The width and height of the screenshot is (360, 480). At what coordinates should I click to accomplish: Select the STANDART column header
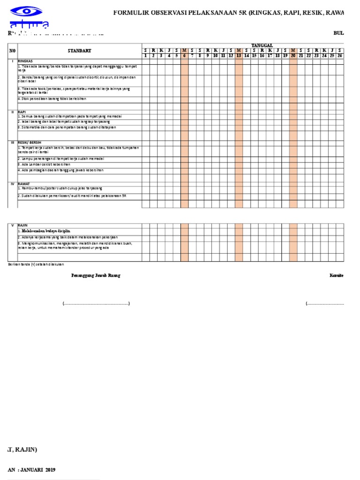click(x=79, y=51)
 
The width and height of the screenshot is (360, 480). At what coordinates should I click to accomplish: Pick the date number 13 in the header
click(x=239, y=55)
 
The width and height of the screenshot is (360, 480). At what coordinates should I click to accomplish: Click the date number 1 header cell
click(x=145, y=55)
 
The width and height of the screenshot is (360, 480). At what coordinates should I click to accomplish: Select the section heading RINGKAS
click(x=25, y=61)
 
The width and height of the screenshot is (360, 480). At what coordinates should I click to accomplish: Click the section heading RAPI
click(x=22, y=112)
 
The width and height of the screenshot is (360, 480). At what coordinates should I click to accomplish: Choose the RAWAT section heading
click(x=23, y=184)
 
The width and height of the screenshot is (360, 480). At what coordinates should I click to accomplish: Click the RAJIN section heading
click(x=23, y=225)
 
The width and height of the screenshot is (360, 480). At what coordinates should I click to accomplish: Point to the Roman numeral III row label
click(x=12, y=142)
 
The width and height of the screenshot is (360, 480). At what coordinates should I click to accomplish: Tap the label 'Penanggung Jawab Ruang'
click(x=96, y=276)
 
